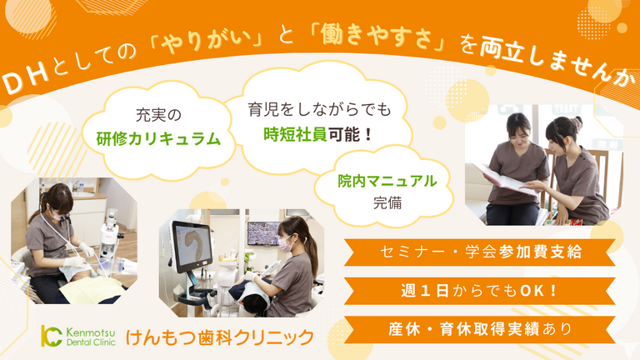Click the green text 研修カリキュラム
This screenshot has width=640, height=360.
point(158,139)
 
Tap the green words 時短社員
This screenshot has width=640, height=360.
point(295,134)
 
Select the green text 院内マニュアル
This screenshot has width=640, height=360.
point(387,181)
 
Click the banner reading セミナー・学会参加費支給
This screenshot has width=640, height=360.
point(480,252)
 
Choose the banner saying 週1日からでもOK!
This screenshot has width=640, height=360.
point(480,291)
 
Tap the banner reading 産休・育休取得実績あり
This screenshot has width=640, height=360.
point(480,329)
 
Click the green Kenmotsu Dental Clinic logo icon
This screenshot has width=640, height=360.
point(51,336)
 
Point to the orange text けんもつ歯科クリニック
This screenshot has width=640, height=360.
point(220,337)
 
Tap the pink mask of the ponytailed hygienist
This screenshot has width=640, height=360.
point(285,244)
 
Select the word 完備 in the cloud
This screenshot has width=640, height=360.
point(387,202)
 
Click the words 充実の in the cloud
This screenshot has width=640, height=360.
point(158,115)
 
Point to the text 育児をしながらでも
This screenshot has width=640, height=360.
point(320,109)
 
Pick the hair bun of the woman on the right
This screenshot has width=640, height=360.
point(577,122)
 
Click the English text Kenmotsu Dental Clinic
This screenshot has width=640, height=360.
point(91,337)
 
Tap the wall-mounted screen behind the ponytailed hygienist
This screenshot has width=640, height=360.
point(263,233)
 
